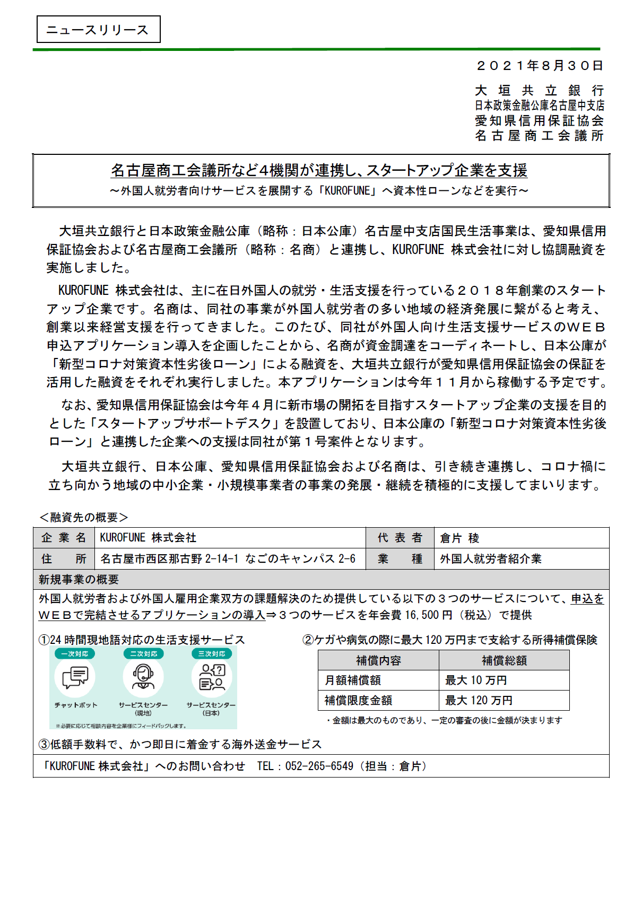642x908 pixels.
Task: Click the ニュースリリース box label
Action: (x=98, y=30)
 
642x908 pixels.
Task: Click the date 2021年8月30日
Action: (x=540, y=66)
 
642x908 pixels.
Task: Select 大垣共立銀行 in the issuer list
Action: (x=539, y=91)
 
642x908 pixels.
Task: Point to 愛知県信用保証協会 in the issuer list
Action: (x=539, y=121)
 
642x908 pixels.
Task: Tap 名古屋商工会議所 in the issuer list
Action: (x=539, y=136)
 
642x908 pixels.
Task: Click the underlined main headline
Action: (x=319, y=170)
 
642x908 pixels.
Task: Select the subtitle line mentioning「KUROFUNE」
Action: (x=319, y=190)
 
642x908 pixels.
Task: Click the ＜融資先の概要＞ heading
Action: (x=84, y=517)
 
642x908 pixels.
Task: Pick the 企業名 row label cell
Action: (x=64, y=538)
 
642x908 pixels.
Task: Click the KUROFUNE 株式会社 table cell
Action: (x=148, y=538)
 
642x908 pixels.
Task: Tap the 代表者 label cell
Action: (x=400, y=538)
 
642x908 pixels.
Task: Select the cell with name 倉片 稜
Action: (x=459, y=538)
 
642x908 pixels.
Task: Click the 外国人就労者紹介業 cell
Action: (x=491, y=559)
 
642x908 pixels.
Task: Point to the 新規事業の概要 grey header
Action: (x=79, y=580)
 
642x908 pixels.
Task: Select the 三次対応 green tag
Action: (x=212, y=654)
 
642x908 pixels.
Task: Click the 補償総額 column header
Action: (x=504, y=660)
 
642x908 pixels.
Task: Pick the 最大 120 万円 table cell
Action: (x=479, y=701)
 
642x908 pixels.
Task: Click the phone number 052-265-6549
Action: (x=319, y=766)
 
